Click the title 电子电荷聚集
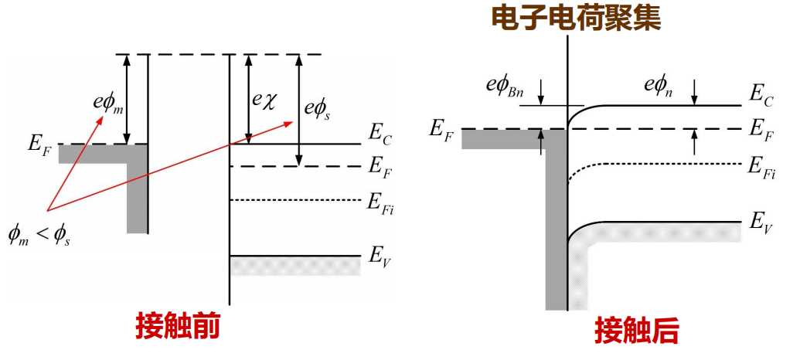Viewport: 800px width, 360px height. [x=577, y=19]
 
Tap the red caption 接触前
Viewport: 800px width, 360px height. [x=179, y=326]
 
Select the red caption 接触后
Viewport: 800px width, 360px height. [x=636, y=331]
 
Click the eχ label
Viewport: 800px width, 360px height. [x=263, y=101]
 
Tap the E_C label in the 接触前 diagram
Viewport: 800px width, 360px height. [x=380, y=137]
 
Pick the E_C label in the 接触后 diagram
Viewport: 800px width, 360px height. [x=761, y=95]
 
